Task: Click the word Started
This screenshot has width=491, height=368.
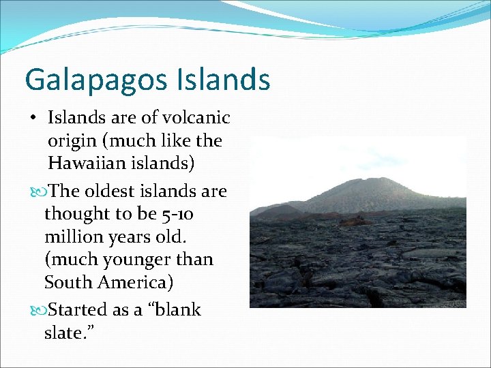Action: click(81, 309)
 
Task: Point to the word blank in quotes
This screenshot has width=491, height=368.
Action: click(177, 309)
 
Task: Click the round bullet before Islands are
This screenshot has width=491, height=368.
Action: click(33, 118)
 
